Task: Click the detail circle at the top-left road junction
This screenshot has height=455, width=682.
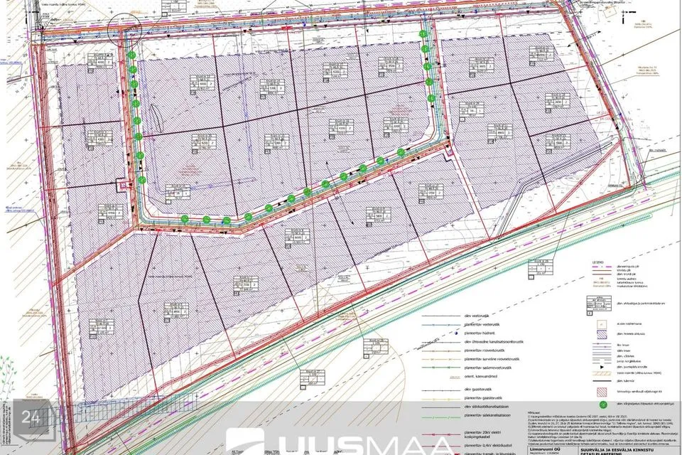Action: point(126,28)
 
